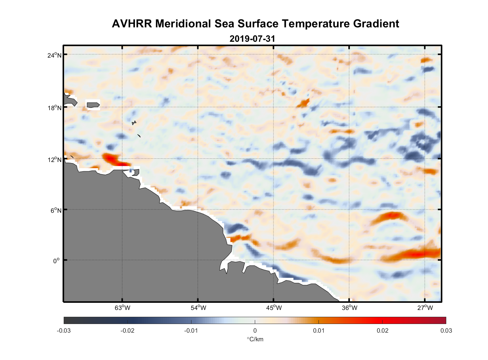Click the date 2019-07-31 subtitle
(x=252, y=39)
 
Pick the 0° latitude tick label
(x=57, y=261)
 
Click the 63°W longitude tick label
(x=122, y=308)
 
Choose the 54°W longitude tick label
(x=198, y=308)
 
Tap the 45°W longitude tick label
(x=274, y=308)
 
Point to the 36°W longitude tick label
(x=349, y=308)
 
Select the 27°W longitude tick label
(x=425, y=308)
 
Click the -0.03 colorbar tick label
(x=64, y=330)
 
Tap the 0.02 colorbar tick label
(x=383, y=330)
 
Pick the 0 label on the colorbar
(x=255, y=330)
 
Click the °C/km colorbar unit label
(x=255, y=339)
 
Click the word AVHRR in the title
(x=132, y=24)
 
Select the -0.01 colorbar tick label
(x=191, y=330)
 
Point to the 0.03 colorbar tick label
(x=446, y=330)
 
